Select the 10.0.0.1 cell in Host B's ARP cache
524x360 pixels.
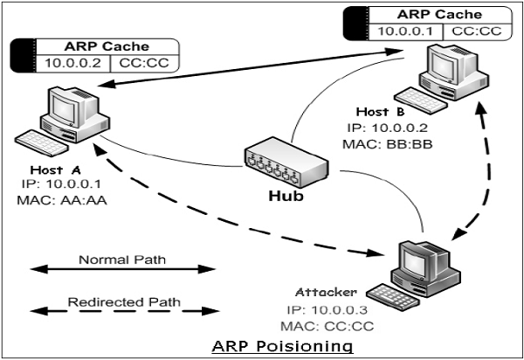[405, 31]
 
